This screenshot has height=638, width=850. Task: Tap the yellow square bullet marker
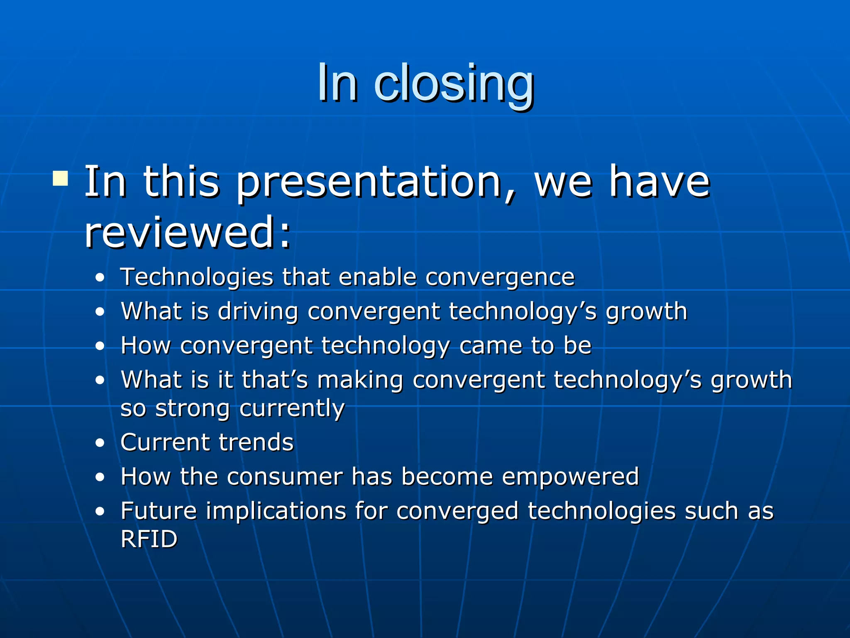pos(60,179)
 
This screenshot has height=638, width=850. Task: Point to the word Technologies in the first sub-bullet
pos(197,277)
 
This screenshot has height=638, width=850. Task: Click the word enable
pos(377,277)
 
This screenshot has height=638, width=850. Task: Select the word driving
pos(258,311)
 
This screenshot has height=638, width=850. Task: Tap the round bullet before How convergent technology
pos(100,346)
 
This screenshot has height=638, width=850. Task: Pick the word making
pos(360,380)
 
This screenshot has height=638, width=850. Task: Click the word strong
pos(192,408)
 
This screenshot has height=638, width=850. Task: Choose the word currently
pos(292,408)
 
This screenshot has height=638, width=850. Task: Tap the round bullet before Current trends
pos(100,443)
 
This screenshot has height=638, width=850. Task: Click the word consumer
pos(285,476)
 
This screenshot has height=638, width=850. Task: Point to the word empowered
pos(570,477)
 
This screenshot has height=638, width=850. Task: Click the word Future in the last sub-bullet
pos(158,511)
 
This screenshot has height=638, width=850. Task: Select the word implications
pos(276,511)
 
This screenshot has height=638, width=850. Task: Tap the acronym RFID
pos(149,539)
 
